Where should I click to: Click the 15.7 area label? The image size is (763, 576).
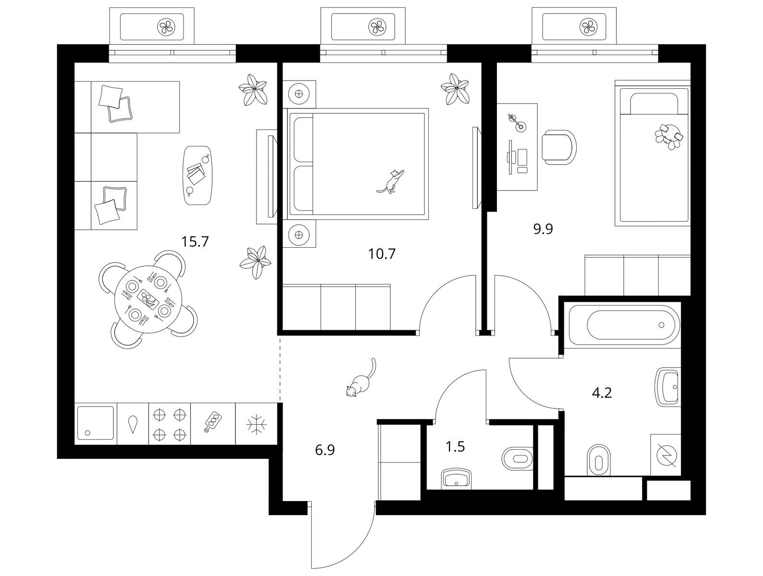[x=195, y=241]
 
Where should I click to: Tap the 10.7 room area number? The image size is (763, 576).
[x=382, y=254]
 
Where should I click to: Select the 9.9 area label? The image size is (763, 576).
[x=543, y=229]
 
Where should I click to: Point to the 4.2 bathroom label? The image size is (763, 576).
[x=602, y=393]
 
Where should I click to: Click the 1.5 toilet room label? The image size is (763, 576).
[x=455, y=447]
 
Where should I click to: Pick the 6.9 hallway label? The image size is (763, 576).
[x=325, y=450]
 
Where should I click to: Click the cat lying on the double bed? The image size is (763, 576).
[x=391, y=181]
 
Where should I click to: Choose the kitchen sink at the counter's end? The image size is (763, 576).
[x=96, y=424]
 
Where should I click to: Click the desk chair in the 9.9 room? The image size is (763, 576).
[x=559, y=147]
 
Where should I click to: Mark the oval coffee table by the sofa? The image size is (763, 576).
[x=198, y=176]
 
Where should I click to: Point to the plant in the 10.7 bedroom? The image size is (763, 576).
[x=455, y=89]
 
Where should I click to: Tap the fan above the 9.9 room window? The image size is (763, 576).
[x=589, y=26]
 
